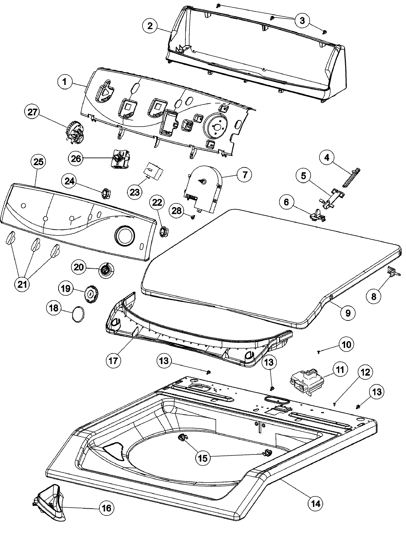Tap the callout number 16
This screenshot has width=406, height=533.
[x=106, y=508]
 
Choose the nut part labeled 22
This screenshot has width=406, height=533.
[x=164, y=232]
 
